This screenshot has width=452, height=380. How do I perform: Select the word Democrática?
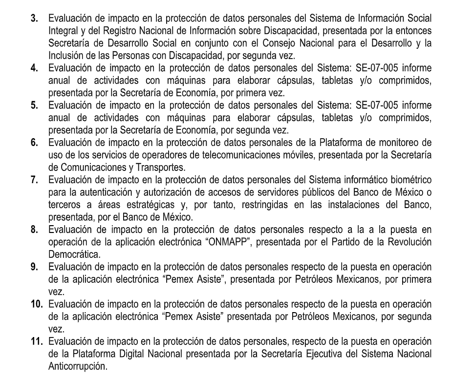[72, 266]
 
